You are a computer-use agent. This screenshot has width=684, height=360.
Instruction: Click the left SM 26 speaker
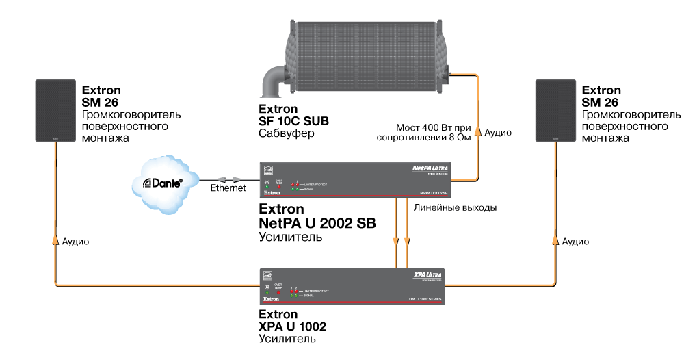pyautogui.click(x=54, y=111)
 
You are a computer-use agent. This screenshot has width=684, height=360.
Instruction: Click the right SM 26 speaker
pyautogui.click(x=555, y=111)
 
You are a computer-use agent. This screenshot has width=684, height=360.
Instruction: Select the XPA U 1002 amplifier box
pyautogui.click(x=352, y=285)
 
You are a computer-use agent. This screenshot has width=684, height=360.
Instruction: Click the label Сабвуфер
pyautogui.click(x=286, y=133)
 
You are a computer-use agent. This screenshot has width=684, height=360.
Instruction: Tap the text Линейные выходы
pyautogui.click(x=455, y=207)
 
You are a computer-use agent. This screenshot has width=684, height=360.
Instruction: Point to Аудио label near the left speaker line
pyautogui.click(x=75, y=242)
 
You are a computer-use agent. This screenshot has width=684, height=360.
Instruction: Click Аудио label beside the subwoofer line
pyautogui.click(x=498, y=133)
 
